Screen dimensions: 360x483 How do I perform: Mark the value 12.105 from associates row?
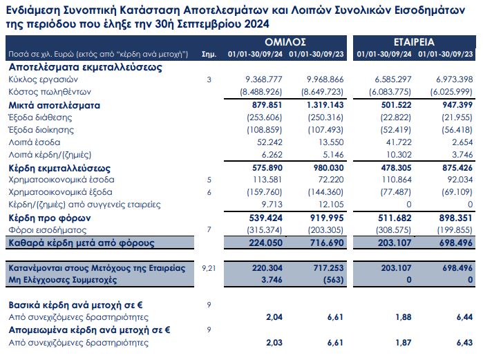pos(328,205)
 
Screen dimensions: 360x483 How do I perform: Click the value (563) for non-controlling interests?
pos(330,280)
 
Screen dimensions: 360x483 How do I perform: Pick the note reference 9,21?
pos(208,267)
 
